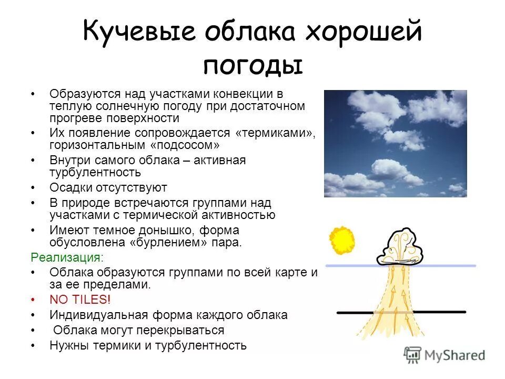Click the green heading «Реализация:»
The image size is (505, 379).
[x=67, y=257]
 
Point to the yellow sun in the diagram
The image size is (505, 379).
[x=342, y=241]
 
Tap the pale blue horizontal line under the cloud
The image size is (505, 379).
[x=452, y=265]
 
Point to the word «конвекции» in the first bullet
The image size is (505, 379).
[x=248, y=94]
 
